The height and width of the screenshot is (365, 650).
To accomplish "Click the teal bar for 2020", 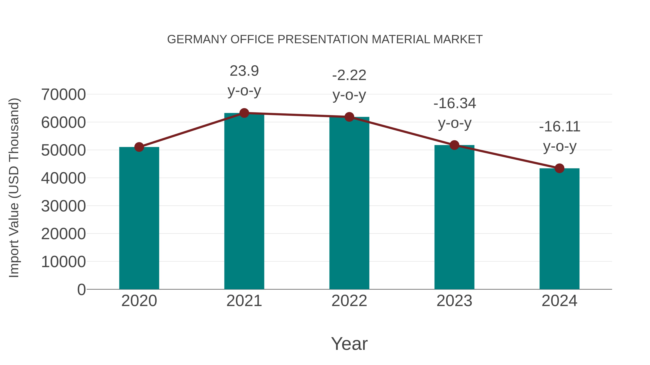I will (139, 218).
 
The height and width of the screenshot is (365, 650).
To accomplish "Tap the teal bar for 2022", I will (349, 203).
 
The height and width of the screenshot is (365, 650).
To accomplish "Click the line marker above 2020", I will (139, 147).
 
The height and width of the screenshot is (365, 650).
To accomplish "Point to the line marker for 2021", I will (244, 113).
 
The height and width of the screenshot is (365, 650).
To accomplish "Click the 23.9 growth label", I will (244, 71).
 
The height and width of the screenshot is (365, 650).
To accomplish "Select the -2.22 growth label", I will (349, 75).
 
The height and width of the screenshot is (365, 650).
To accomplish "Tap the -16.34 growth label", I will (454, 103).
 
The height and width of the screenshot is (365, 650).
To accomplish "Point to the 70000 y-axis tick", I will (63, 95).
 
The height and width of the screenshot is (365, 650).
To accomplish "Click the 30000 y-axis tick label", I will (63, 206).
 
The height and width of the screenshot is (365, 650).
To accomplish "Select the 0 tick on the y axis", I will (81, 289).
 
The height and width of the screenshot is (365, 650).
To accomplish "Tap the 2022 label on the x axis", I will (349, 301).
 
